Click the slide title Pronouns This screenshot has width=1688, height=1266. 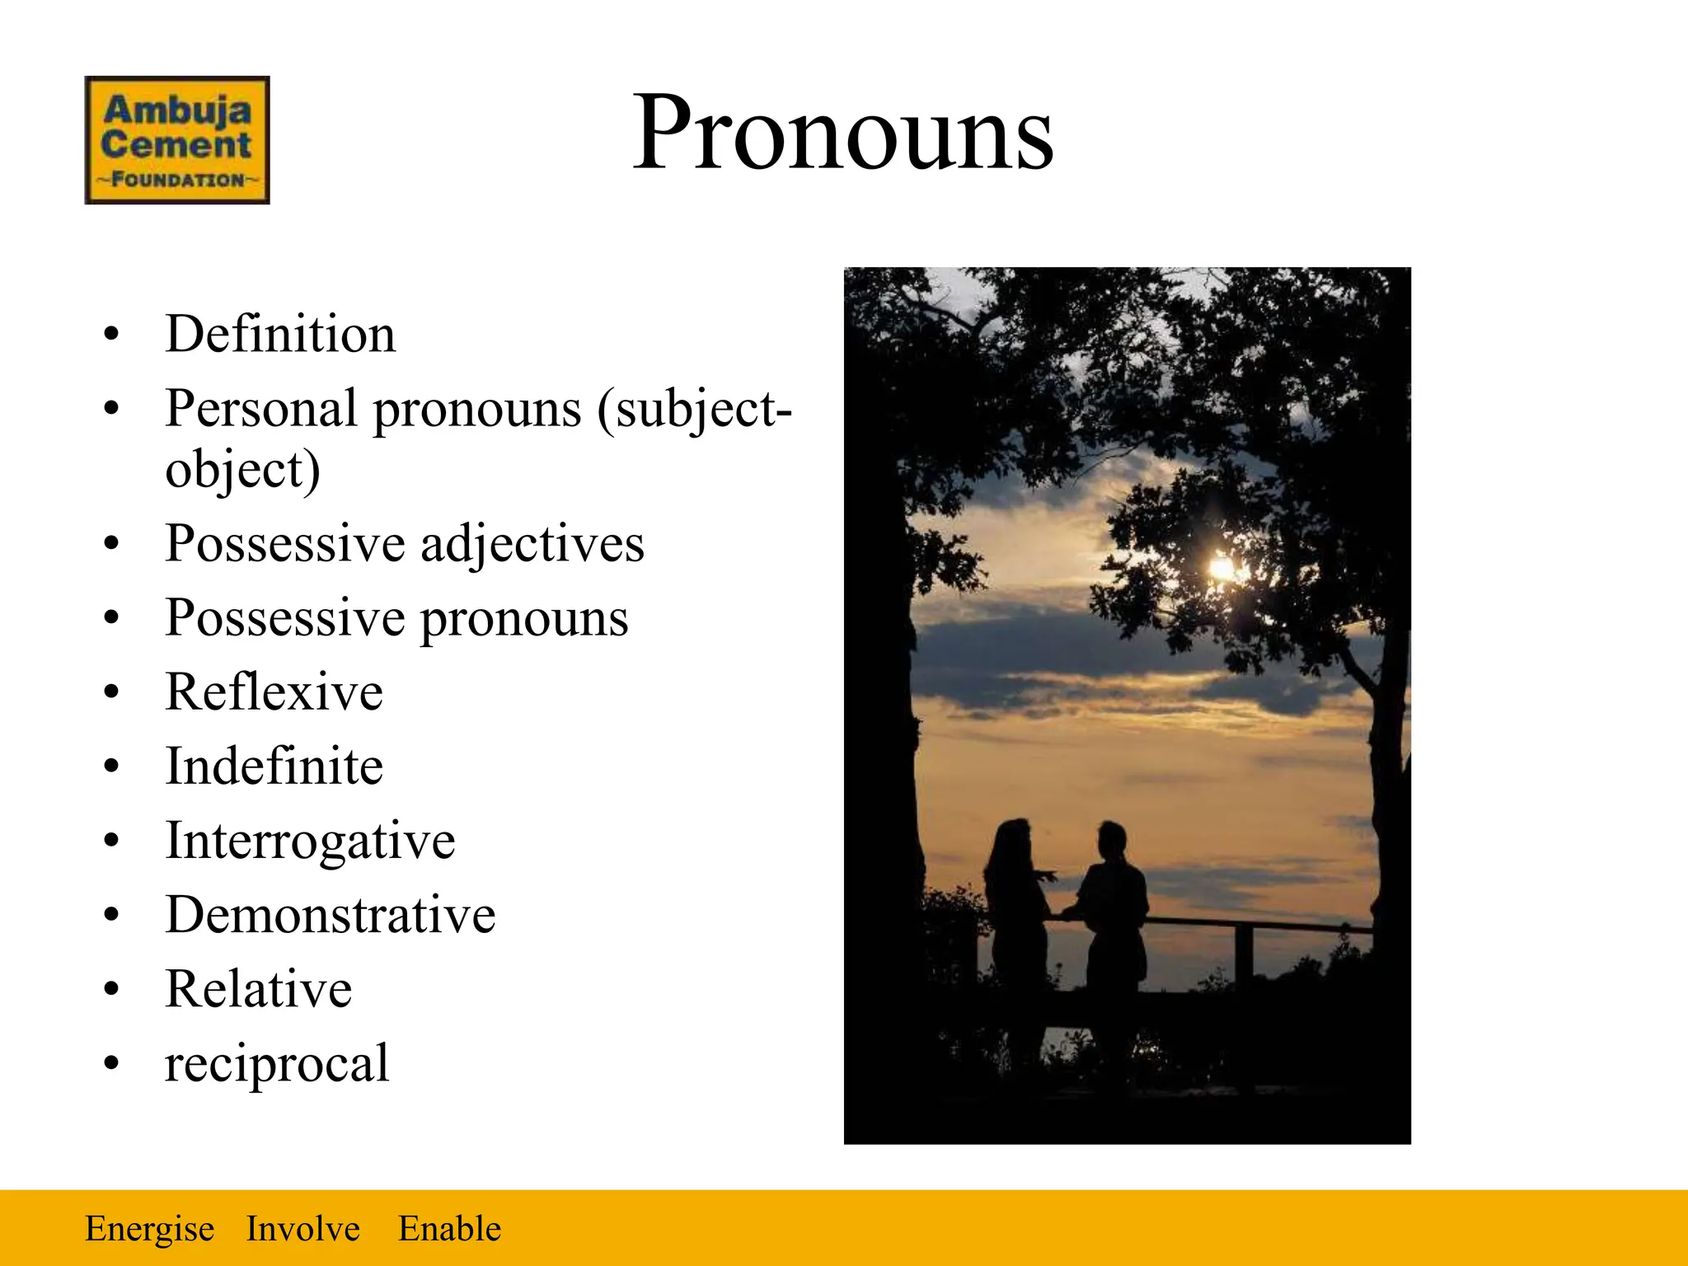(x=842, y=134)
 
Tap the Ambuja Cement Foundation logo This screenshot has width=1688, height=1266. (x=177, y=140)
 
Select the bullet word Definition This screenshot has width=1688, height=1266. (x=280, y=334)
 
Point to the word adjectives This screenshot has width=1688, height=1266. (x=532, y=544)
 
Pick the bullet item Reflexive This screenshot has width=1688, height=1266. (x=274, y=692)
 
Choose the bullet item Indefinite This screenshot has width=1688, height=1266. (x=274, y=766)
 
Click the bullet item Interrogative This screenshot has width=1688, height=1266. (x=310, y=841)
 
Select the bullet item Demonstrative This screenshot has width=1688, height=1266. (x=330, y=915)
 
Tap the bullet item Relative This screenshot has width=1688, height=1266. (x=258, y=989)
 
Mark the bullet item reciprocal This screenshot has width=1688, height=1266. (x=277, y=1063)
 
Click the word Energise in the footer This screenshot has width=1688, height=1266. (x=149, y=1229)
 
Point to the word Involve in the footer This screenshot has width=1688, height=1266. (x=302, y=1229)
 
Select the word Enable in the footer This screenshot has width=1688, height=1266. (x=449, y=1229)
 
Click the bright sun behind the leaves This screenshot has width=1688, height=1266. (x=1220, y=568)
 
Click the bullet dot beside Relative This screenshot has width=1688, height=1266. (x=111, y=989)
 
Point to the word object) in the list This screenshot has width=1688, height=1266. (x=242, y=470)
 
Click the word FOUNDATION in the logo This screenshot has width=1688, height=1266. (x=177, y=180)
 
